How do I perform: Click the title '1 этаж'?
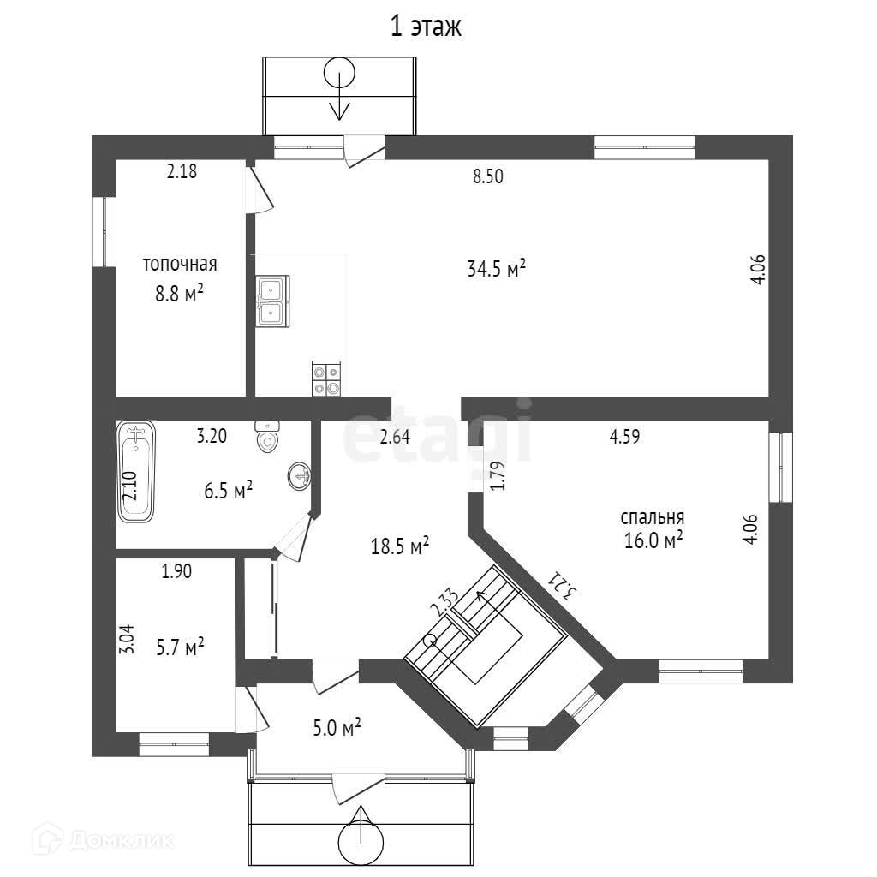click(426, 27)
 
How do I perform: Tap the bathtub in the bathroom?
click(136, 472)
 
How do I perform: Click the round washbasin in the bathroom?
click(301, 474)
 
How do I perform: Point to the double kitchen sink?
click(271, 301)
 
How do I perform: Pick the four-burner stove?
click(326, 379)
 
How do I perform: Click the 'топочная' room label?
click(179, 264)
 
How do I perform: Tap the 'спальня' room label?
click(653, 517)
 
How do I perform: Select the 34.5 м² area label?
click(496, 269)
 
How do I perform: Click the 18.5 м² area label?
click(399, 546)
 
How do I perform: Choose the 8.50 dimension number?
click(488, 177)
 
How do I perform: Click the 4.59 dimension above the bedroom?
click(625, 436)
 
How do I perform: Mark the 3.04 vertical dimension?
click(126, 640)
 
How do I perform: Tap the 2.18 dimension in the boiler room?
click(182, 171)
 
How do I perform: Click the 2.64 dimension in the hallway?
click(395, 436)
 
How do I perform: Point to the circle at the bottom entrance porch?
click(361, 843)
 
